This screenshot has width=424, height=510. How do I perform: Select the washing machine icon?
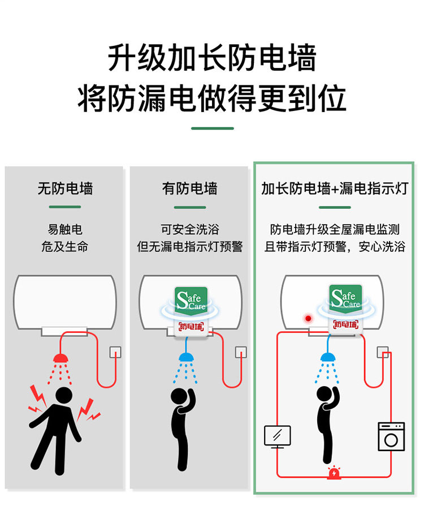tap(391, 436)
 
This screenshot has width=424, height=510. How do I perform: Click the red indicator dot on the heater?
tap(308, 319)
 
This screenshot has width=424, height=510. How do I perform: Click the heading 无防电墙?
tap(65, 188)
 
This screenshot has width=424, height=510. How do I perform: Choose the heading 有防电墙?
tap(190, 188)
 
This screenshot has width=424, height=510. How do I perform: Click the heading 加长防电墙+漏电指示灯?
tap(335, 188)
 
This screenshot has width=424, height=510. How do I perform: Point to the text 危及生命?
tap(65, 247)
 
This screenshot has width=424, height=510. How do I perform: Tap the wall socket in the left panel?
tap(115, 352)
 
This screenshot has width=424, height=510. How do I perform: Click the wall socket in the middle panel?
tap(241, 352)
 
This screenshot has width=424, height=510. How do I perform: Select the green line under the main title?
tap(212, 128)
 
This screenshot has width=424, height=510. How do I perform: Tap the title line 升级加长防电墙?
tap(212, 59)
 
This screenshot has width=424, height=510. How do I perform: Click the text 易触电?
tap(65, 230)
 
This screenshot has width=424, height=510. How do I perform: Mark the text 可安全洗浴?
tap(190, 230)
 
